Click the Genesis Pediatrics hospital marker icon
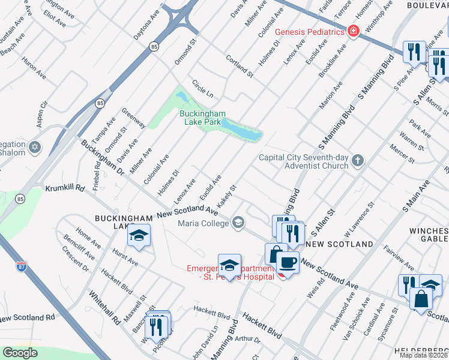coord(353,31)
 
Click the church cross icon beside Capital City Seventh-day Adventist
coord(358,160)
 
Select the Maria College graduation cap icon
coord(239,223)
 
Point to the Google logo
coord(20,353)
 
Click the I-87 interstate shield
coord(22,264)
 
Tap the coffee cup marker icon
coord(288,262)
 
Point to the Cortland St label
coord(240,65)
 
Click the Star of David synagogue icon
coord(35,147)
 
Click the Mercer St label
coord(402,153)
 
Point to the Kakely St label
coord(227,196)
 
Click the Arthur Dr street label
coord(248,340)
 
